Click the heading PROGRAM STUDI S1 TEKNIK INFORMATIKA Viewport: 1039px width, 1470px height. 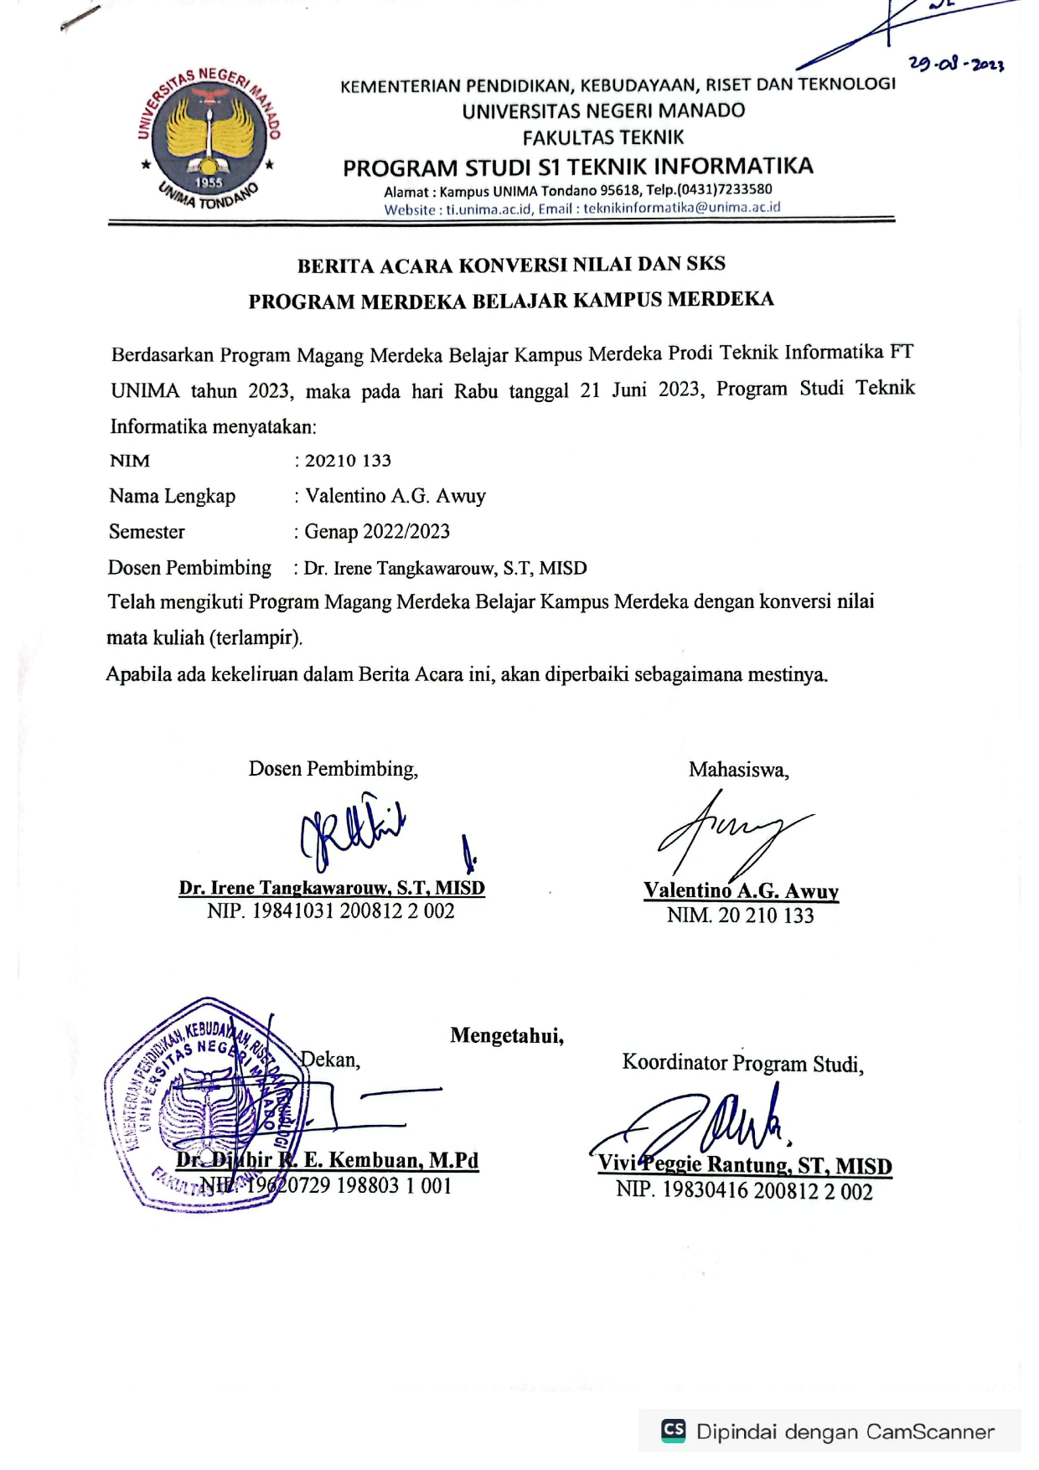coord(578,167)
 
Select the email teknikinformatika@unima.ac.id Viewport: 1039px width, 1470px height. coord(681,208)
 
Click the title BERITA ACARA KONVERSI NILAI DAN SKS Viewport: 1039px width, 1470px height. coord(511,266)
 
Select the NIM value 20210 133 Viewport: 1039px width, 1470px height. coord(348,461)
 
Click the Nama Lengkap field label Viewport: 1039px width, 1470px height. coord(172,496)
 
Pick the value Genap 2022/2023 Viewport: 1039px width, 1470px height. coord(377,532)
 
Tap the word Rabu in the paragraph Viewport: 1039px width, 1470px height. coord(476,391)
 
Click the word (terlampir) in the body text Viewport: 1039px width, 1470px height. coord(255,637)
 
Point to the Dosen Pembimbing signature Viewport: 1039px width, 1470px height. coord(353,833)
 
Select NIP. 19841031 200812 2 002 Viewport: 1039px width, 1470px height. coord(331,911)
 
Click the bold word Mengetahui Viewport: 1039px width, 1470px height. coord(507,1036)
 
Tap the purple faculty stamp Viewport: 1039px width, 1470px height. coord(205,1104)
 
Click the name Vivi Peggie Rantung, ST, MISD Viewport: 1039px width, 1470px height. coord(744,1165)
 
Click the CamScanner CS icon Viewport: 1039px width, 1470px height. coord(673,1430)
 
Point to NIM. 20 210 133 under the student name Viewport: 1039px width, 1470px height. coord(741,916)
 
